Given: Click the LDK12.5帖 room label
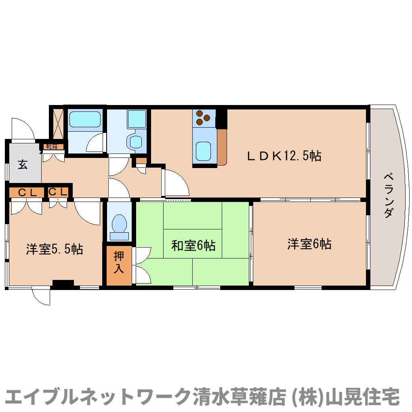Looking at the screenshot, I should click(x=284, y=156).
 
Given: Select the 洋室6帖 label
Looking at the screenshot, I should click(x=309, y=244).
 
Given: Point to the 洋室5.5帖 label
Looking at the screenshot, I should click(x=55, y=249).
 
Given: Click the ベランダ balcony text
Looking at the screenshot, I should click(x=388, y=195).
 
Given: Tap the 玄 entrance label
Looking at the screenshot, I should click(x=23, y=165).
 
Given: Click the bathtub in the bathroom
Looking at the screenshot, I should click(x=84, y=120).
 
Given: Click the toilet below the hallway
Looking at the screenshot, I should click(x=119, y=225).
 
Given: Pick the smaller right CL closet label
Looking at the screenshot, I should click(x=58, y=192).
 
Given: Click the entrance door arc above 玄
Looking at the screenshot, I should click(x=22, y=129).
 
